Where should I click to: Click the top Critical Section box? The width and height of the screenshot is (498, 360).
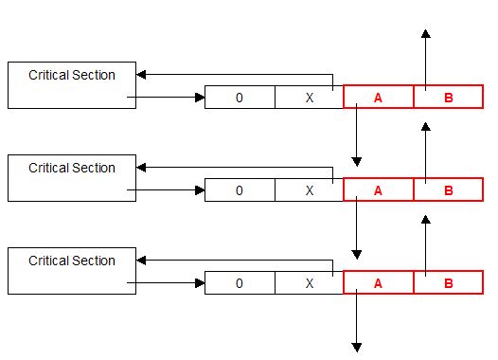tap(72, 85)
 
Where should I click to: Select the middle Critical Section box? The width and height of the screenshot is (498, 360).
tap(72, 178)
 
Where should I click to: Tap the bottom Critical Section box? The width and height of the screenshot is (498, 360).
tap(72, 271)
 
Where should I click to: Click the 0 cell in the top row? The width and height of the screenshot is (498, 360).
tap(240, 98)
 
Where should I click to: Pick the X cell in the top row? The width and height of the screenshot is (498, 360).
tap(310, 98)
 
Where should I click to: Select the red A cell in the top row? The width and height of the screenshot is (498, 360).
tap(379, 97)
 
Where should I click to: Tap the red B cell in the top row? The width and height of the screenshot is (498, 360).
tap(449, 97)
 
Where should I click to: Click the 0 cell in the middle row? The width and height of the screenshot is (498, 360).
tap(240, 190)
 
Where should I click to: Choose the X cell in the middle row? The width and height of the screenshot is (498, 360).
tap(310, 190)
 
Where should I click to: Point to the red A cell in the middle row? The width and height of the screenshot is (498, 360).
tap(379, 189)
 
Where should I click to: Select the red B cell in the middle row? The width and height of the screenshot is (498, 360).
tap(449, 189)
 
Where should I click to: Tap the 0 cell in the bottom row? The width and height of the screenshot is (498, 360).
tap(240, 282)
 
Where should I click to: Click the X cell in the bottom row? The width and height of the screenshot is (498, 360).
tap(310, 282)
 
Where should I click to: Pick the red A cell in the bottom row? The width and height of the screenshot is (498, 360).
tap(379, 282)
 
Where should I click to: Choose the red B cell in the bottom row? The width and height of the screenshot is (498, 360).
tap(449, 282)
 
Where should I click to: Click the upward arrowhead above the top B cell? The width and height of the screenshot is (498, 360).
tap(426, 34)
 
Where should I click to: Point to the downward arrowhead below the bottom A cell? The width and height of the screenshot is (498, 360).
tap(357, 348)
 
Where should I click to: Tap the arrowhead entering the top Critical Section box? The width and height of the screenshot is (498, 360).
tap(141, 75)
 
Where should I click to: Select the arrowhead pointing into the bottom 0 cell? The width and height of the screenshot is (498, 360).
tap(200, 282)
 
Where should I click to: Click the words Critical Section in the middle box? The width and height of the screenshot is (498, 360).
tap(72, 168)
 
